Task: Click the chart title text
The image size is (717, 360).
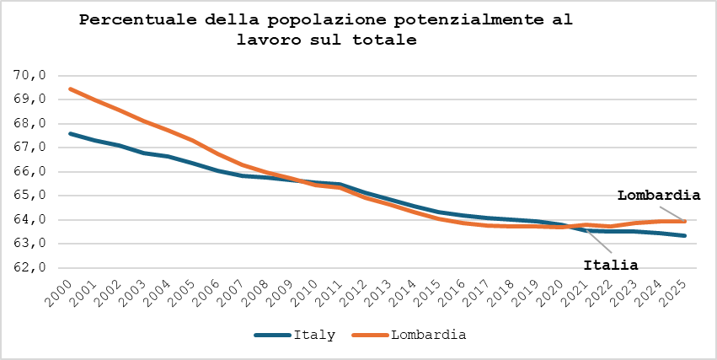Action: pos(326,30)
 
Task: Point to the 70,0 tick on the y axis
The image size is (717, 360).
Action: pos(29,75)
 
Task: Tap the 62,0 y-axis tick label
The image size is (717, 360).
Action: pos(29,268)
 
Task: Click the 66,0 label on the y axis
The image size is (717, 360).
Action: pos(29,172)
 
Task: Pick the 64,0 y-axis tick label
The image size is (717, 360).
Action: pos(29,220)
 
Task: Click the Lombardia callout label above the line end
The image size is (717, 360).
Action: pos(659,196)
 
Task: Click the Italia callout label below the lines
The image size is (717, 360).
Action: pos(611,265)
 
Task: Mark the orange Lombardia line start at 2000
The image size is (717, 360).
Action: pos(70,89)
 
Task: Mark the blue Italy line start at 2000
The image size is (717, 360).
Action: pos(70,133)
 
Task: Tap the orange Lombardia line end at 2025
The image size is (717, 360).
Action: pos(685,221)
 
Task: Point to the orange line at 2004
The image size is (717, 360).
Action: pos(169,131)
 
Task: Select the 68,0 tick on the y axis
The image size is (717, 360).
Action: pos(29,124)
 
